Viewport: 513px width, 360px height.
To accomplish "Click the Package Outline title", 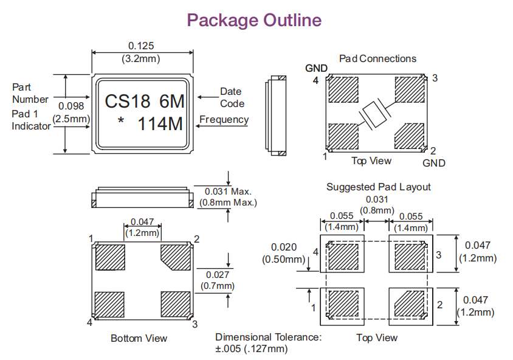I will [x=254, y=20].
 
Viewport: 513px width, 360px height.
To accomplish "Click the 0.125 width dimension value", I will [x=141, y=46].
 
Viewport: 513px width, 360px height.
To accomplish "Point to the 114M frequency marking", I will [x=160, y=124].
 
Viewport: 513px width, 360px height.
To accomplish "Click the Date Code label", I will [x=231, y=97].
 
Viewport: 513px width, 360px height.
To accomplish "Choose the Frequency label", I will [x=224, y=119].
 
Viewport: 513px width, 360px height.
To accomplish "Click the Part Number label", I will [x=30, y=93].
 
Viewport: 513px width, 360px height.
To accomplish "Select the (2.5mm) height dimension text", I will [x=71, y=119].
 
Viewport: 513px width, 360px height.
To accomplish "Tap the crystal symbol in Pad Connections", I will [x=376, y=113].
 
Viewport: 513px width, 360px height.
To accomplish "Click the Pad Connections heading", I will [x=377, y=58].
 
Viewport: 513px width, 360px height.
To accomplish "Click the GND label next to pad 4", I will [x=316, y=67].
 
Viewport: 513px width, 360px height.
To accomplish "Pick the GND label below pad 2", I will [x=434, y=163].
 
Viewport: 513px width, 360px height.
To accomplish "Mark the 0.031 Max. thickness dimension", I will [x=228, y=192].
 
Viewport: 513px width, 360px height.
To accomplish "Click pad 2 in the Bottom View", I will [x=176, y=253].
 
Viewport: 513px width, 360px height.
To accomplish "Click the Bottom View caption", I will [x=139, y=338].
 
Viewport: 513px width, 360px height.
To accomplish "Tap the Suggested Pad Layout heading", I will [x=378, y=187].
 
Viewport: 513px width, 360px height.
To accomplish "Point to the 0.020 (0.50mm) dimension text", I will [x=283, y=253].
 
